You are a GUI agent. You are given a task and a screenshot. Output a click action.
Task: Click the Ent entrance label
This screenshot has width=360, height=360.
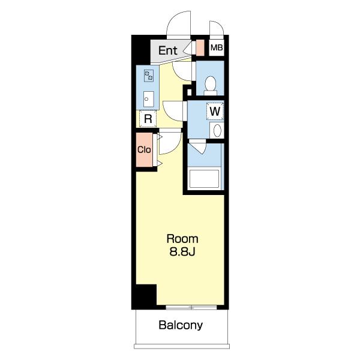[x=168, y=50]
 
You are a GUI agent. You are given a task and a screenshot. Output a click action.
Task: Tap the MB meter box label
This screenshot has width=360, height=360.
[x=217, y=48]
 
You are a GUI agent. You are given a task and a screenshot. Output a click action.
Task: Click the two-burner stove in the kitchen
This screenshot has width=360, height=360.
[x=149, y=76]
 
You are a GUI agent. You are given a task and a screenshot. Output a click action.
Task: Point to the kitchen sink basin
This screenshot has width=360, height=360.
[x=149, y=99]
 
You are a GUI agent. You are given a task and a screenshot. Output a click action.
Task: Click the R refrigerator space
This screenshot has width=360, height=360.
[x=148, y=119]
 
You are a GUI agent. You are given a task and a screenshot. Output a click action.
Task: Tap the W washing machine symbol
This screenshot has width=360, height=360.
[x=215, y=111]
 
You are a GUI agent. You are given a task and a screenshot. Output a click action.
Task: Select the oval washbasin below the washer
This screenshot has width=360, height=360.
[x=217, y=130]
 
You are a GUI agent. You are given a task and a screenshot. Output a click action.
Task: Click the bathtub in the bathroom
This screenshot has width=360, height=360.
[x=204, y=179]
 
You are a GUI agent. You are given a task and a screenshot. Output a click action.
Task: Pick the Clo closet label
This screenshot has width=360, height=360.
[x=144, y=149]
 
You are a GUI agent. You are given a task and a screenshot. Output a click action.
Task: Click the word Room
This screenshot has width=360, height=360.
[x=182, y=239]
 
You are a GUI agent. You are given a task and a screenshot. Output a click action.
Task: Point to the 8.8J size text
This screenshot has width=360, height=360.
[x=182, y=252]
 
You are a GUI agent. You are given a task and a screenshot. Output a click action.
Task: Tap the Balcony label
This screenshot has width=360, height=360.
[x=181, y=325]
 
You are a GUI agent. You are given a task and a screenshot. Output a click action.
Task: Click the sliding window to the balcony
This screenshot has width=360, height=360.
[x=191, y=307]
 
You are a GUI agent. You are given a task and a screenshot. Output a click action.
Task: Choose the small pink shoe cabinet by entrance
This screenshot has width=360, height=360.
[x=200, y=47]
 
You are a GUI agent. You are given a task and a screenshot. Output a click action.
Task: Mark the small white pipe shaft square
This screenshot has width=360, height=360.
[x=190, y=92]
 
